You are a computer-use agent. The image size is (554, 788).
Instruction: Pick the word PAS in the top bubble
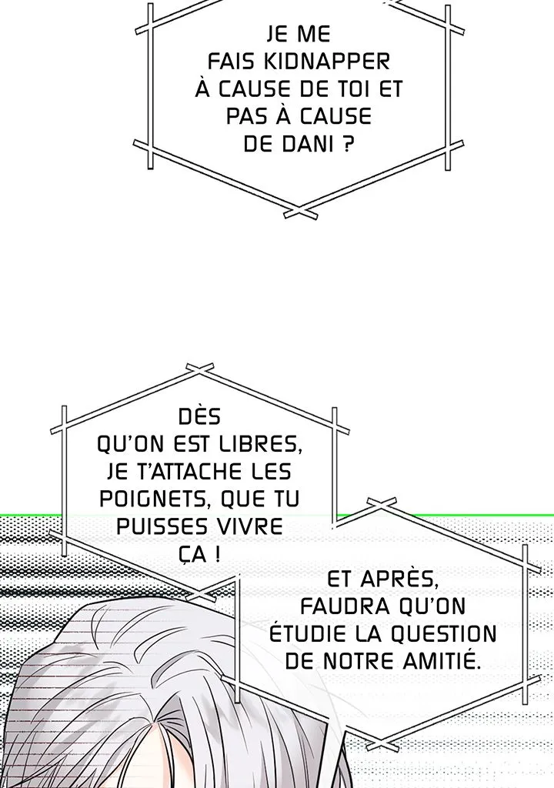pyautogui.click(x=248, y=117)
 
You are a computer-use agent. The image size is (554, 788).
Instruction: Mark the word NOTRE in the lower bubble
pyautogui.click(x=360, y=661)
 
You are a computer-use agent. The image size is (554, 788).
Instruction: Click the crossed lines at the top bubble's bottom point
pyautogui.click(x=300, y=212)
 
